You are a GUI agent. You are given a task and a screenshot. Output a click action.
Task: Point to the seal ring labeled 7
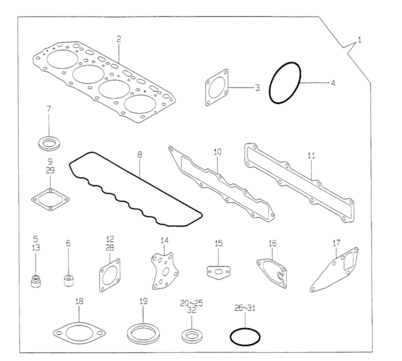coord(49,142)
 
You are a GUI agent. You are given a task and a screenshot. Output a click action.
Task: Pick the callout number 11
coord(311,155)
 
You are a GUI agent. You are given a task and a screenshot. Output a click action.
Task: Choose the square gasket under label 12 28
coord(109,273)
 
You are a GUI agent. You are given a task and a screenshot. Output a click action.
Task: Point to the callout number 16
coord(272,244)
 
